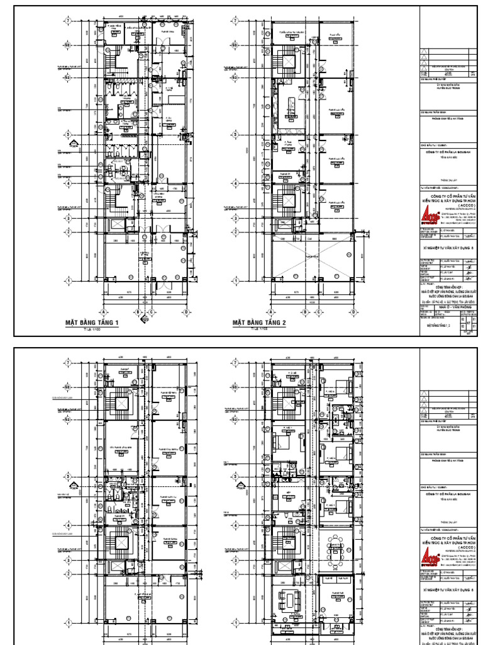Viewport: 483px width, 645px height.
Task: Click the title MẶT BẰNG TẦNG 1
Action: pyautogui.click(x=92, y=322)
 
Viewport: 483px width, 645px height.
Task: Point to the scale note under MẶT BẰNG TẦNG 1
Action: pyautogui.click(x=92, y=329)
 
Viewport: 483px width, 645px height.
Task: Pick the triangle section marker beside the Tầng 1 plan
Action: pyautogui.click(x=74, y=149)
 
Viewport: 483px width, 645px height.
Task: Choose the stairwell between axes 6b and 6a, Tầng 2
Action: pyautogui.click(x=288, y=61)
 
